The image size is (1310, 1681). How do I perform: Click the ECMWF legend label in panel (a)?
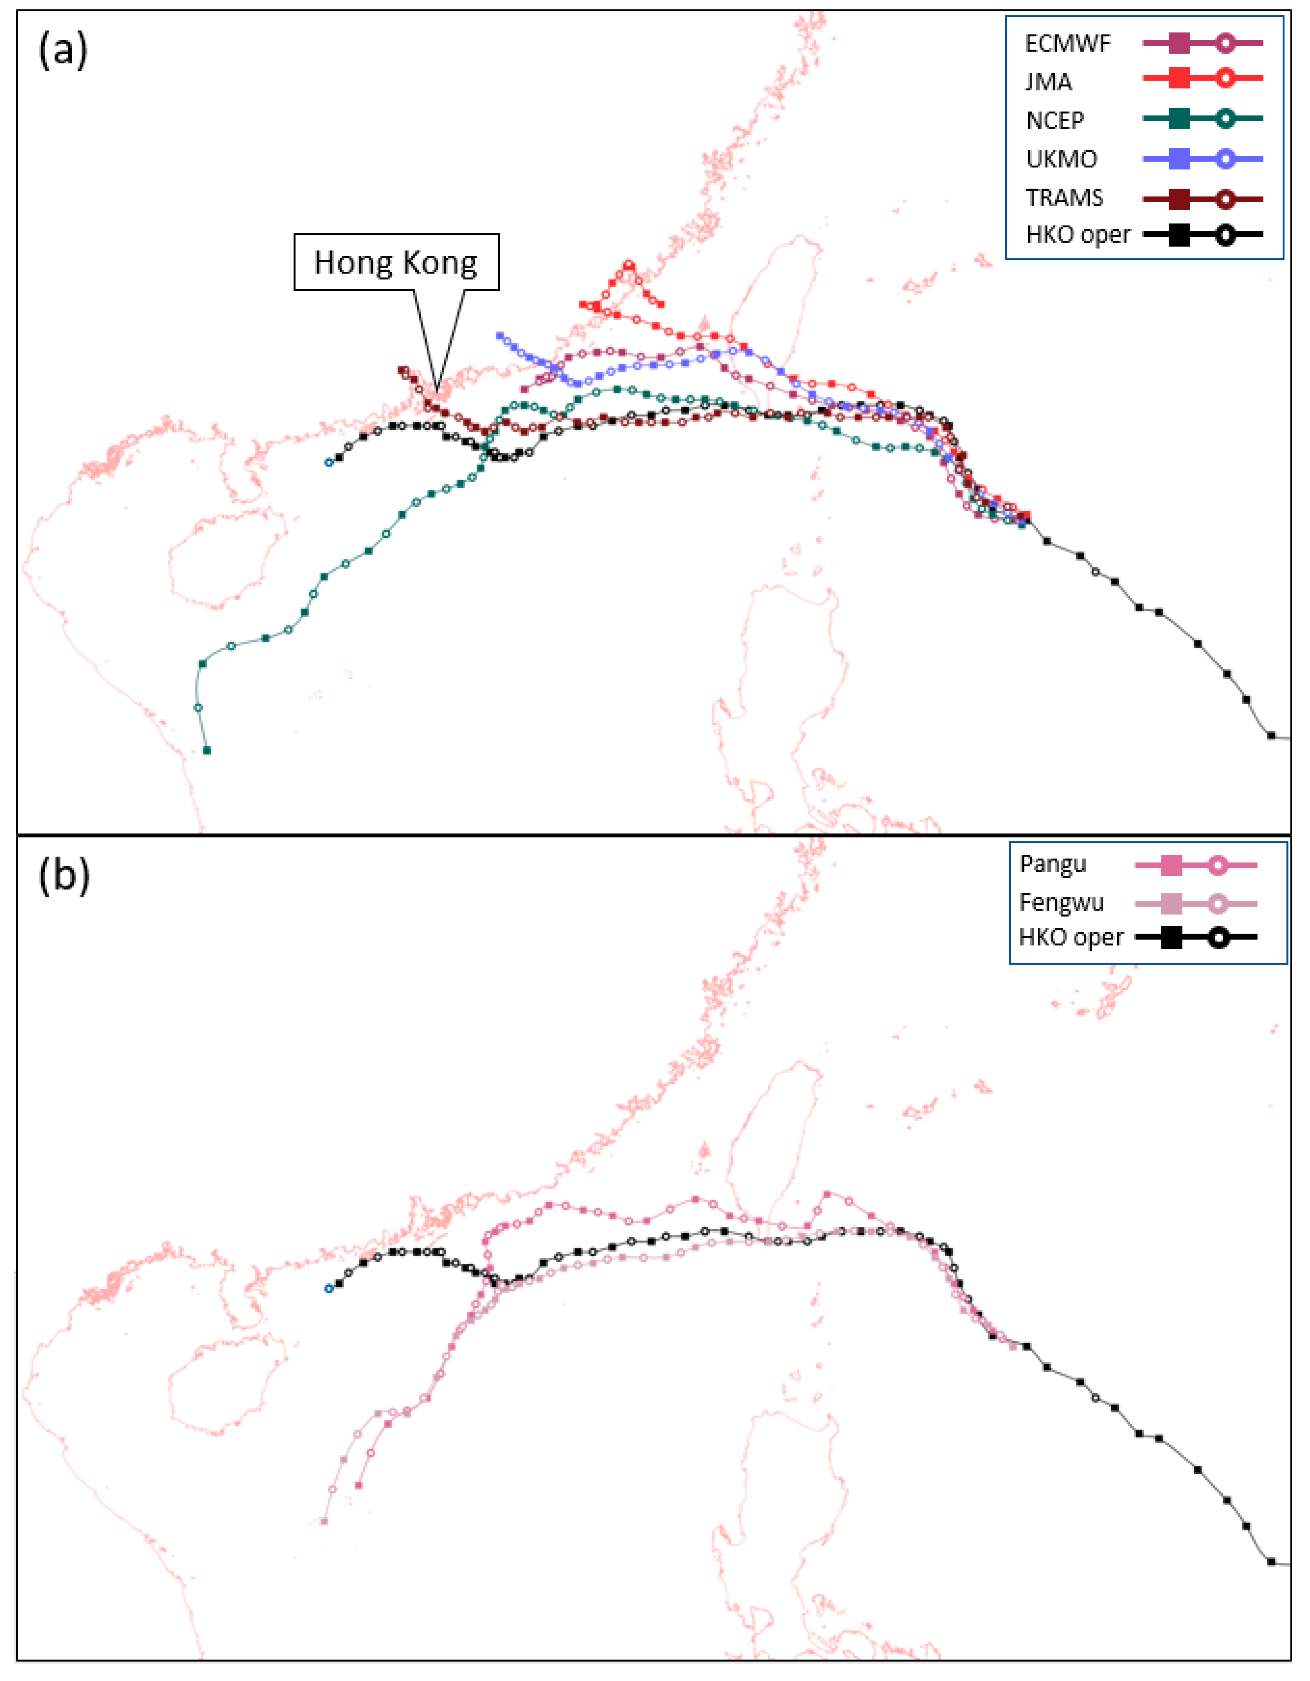tap(1068, 44)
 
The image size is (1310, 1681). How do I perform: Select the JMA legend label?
tap(1048, 82)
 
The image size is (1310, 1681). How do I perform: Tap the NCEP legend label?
tap(1054, 120)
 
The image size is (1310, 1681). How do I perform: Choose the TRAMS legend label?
tap(1065, 198)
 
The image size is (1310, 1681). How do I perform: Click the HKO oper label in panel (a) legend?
tap(1078, 235)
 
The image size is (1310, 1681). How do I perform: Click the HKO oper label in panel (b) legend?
tap(1071, 937)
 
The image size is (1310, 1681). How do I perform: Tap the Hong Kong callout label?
tap(395, 262)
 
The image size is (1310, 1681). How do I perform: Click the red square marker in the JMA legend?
tap(1179, 78)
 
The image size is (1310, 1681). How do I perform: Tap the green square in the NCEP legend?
tap(1179, 119)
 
